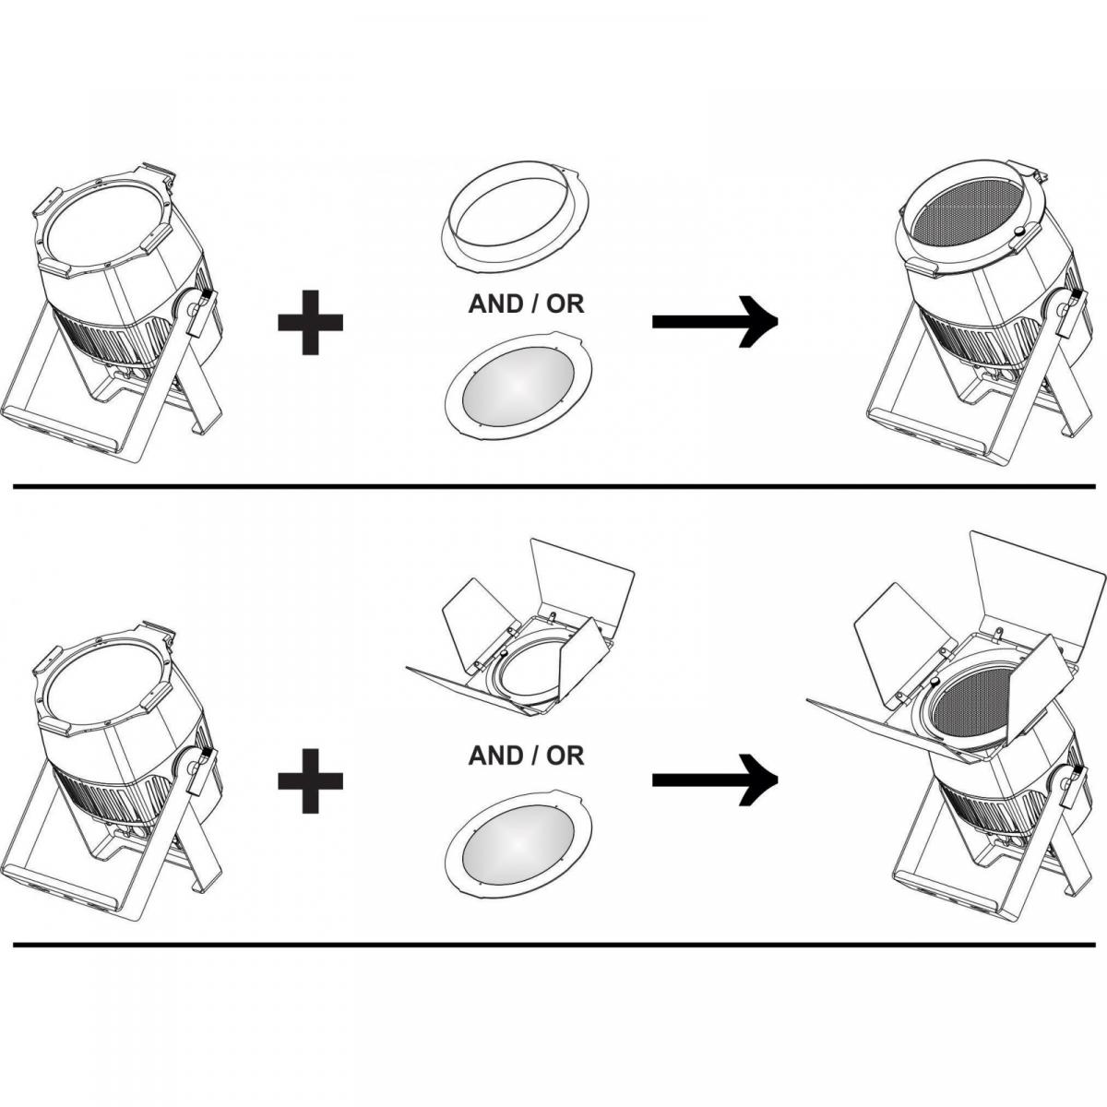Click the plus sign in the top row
(310, 322)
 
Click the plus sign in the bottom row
(310, 780)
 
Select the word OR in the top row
(565, 304)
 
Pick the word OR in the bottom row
(565, 756)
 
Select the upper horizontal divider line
(554, 486)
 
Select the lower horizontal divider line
(554, 944)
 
